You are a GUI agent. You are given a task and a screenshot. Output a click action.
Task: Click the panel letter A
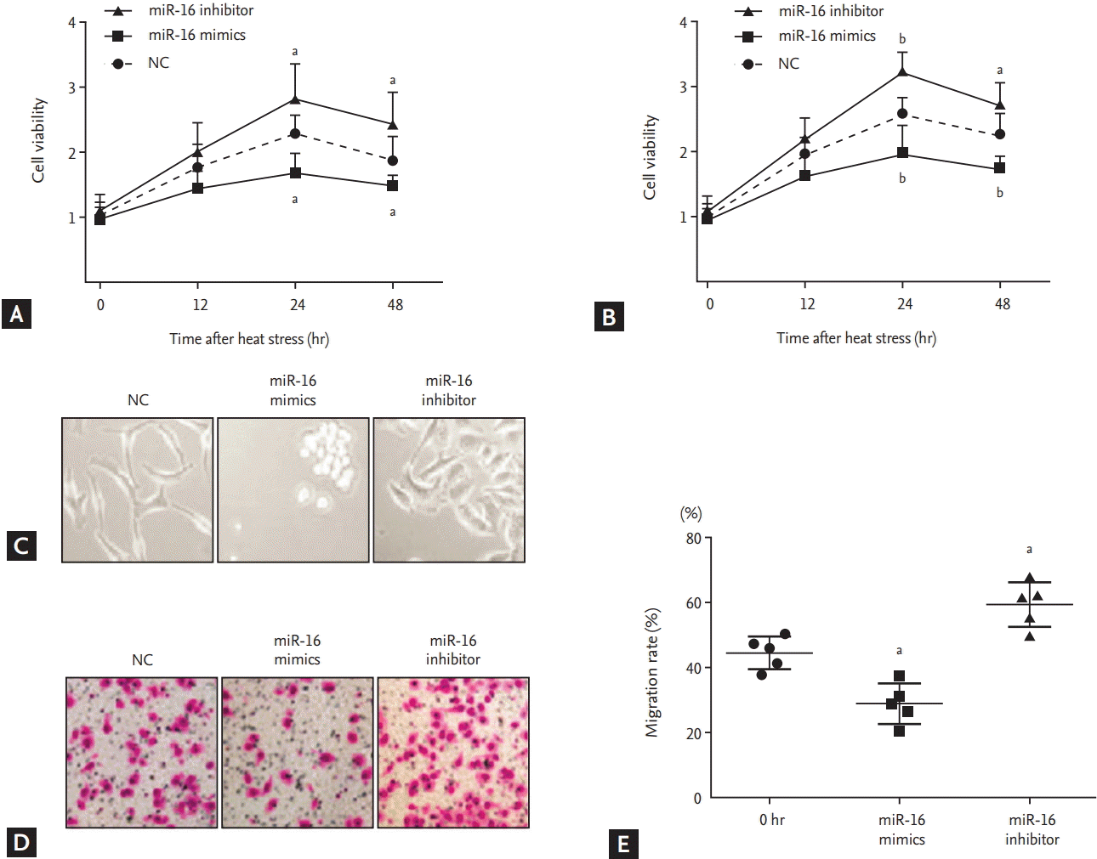pos(16,314)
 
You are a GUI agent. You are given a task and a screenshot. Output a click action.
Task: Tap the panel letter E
pos(623,844)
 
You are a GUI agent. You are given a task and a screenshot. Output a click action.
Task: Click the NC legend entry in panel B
pos(788,64)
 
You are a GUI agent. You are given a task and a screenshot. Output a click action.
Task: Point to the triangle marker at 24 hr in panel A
pos(295,99)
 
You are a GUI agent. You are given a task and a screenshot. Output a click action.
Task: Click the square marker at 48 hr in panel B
pos(999,168)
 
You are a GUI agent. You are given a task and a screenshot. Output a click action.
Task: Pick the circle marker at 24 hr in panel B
pos(902,114)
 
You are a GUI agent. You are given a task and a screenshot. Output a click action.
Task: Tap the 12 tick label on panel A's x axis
pos(200,305)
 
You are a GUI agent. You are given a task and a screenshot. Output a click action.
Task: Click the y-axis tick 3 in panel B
pos(683,87)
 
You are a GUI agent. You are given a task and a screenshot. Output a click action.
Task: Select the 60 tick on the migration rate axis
pos(694,603)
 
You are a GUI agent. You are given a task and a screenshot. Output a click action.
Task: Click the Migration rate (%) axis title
pos(652,672)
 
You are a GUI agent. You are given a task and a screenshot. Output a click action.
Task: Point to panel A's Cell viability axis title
pos(38,140)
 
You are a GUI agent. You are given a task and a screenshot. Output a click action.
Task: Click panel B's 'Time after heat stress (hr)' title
pos(855,338)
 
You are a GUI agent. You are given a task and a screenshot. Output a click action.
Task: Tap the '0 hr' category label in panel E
pos(771,820)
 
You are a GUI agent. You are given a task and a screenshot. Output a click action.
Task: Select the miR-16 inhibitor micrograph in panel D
pos(453,752)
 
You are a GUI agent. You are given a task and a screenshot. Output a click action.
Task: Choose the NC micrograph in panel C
pos(138,489)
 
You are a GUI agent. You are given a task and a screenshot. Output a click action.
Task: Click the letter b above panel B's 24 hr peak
pos(902,39)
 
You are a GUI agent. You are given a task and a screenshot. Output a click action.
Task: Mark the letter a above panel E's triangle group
pos(1029,550)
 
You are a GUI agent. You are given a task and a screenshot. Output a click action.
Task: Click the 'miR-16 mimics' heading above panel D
pos(297,650)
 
